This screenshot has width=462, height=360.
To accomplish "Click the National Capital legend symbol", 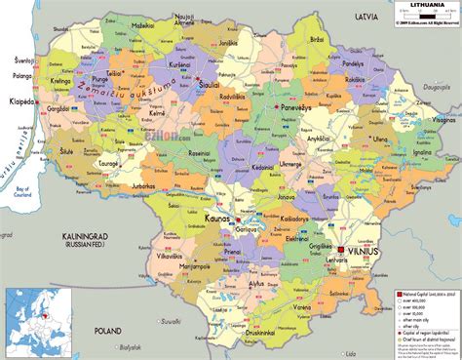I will [x=397, y=292].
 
